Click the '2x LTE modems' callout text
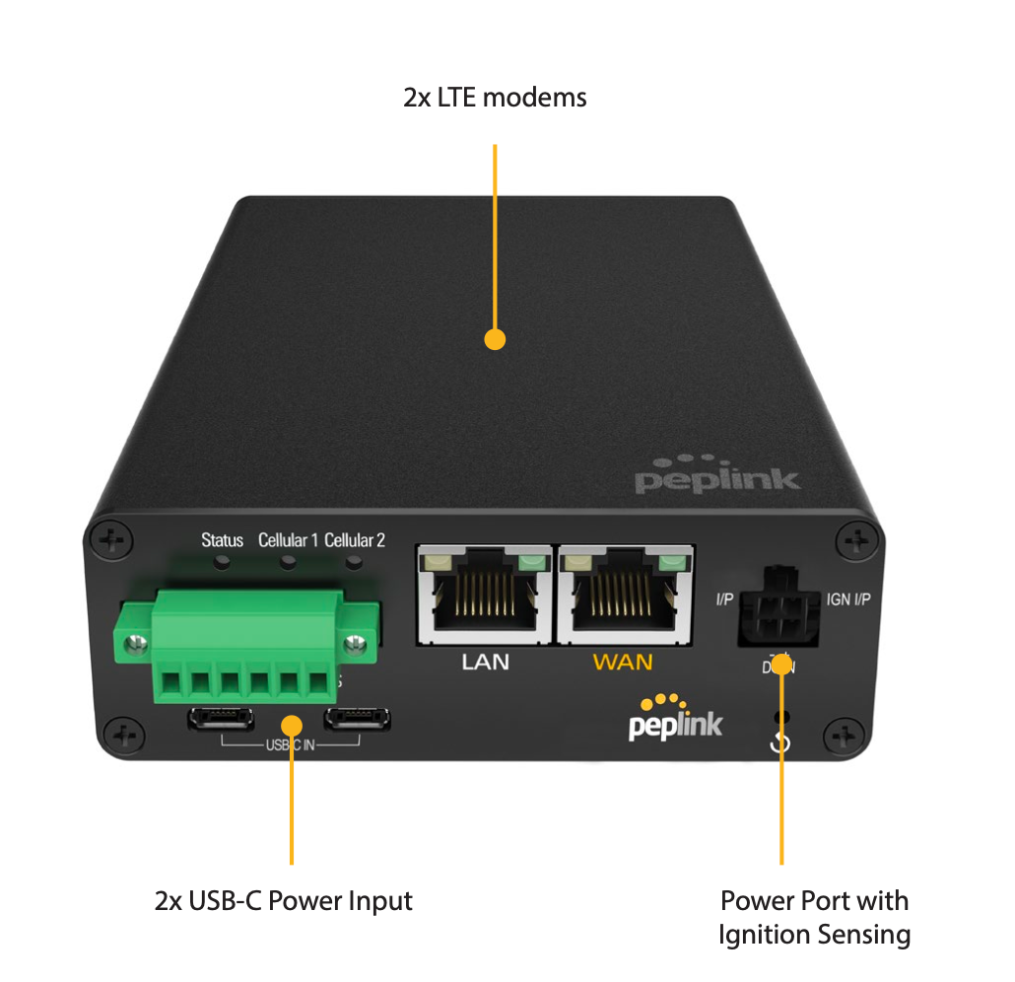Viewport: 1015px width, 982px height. point(495,98)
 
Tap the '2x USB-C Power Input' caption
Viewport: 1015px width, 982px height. point(283,900)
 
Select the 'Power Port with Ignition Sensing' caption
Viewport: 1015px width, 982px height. point(814,917)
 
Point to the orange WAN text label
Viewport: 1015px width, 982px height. point(623,662)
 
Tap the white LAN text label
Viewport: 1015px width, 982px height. point(486,662)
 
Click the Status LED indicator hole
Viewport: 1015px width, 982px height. point(224,563)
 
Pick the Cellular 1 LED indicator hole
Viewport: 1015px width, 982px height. point(288,563)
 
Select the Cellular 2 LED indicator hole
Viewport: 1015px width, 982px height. point(353,563)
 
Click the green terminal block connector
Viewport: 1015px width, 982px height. point(246,646)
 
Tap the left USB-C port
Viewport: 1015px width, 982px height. point(221,719)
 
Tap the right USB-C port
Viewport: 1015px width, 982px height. point(357,719)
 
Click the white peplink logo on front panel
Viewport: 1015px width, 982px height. point(676,722)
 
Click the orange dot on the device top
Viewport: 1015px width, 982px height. point(495,339)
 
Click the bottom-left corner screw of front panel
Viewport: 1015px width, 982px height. point(124,735)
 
